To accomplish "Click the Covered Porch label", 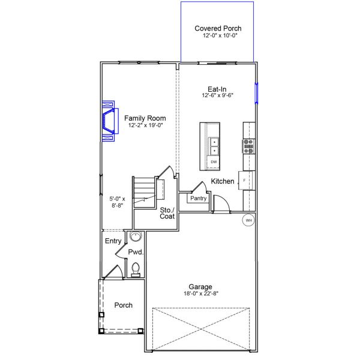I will pyautogui.click(x=217, y=28).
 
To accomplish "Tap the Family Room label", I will pyautogui.click(x=145, y=118).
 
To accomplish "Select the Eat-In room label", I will pyautogui.click(x=217, y=89).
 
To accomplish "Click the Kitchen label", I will pyautogui.click(x=223, y=181).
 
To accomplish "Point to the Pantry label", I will pyautogui.click(x=198, y=198).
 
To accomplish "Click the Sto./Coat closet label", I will pyautogui.click(x=167, y=213).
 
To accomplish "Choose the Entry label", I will pyautogui.click(x=113, y=241).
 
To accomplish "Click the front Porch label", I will pyautogui.click(x=124, y=305).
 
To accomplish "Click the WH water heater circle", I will pyautogui.click(x=248, y=221).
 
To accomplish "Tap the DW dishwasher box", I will pyautogui.click(x=214, y=162).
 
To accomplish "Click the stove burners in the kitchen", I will pyautogui.click(x=248, y=146).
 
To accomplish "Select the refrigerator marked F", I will pyautogui.click(x=245, y=179).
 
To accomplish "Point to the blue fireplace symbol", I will pyautogui.click(x=108, y=120).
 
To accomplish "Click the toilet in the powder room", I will pyautogui.click(x=136, y=269).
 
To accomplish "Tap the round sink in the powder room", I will pyautogui.click(x=136, y=236).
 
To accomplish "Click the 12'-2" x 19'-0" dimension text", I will pyautogui.click(x=145, y=125).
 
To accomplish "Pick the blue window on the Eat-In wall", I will pyautogui.click(x=257, y=93).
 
